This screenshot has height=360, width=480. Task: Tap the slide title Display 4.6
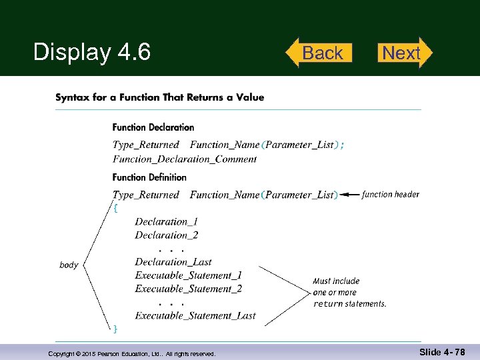pyautogui.click(x=92, y=52)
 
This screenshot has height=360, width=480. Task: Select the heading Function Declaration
pyautogui.click(x=153, y=127)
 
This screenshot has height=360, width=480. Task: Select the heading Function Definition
pyautogui.click(x=149, y=177)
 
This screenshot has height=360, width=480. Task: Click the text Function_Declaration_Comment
pyautogui.click(x=185, y=159)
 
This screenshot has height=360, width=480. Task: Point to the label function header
pyautogui.click(x=391, y=195)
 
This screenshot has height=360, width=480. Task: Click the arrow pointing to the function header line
pyautogui.click(x=349, y=195)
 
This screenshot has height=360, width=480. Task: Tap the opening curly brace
pyautogui.click(x=116, y=208)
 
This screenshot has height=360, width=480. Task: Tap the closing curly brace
pyautogui.click(x=116, y=328)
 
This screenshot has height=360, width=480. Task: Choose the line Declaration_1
pyautogui.click(x=166, y=221)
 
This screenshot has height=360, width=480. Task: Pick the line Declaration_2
pyautogui.click(x=166, y=235)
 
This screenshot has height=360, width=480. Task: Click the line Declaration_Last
pyautogui.click(x=173, y=262)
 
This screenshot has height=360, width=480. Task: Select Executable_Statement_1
pyautogui.click(x=188, y=275)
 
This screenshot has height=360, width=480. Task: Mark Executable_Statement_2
pyautogui.click(x=188, y=289)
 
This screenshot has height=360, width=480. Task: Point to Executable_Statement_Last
pyautogui.click(x=195, y=315)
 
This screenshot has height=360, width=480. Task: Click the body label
pyautogui.click(x=69, y=265)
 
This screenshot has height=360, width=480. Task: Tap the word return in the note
pyautogui.click(x=328, y=304)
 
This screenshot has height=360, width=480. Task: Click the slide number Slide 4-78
pyautogui.click(x=443, y=351)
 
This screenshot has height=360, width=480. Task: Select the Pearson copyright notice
pyautogui.click(x=132, y=354)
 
